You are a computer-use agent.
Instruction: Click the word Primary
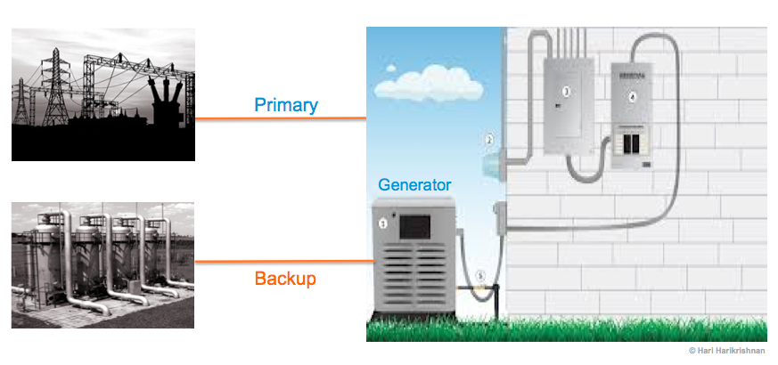tap(286, 105)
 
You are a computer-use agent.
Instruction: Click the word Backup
tap(285, 279)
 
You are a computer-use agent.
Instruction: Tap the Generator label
tap(415, 185)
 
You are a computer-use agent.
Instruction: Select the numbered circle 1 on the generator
tap(384, 224)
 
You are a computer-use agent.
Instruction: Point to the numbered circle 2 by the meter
tap(489, 139)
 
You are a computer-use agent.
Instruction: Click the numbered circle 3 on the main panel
tap(565, 91)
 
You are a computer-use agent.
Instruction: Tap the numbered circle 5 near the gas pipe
tap(481, 276)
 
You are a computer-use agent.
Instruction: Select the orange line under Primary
tap(281, 118)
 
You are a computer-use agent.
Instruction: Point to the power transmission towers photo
tap(103, 94)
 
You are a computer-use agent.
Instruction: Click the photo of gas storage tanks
tap(103, 264)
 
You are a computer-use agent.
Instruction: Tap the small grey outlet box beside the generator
tap(500, 215)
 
